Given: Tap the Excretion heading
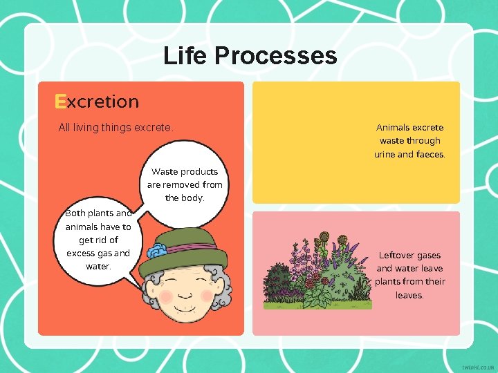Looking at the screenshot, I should [97, 102].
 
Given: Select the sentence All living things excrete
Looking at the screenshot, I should [116, 127].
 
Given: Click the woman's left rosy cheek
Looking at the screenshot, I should [166, 296].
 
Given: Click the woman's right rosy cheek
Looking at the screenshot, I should [207, 295].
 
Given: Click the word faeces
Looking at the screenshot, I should [431, 154].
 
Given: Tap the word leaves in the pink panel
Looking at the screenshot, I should [409, 295].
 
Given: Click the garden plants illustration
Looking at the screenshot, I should [317, 273].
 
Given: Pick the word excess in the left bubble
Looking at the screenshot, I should [80, 253].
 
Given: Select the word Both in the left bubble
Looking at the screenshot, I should [75, 213].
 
